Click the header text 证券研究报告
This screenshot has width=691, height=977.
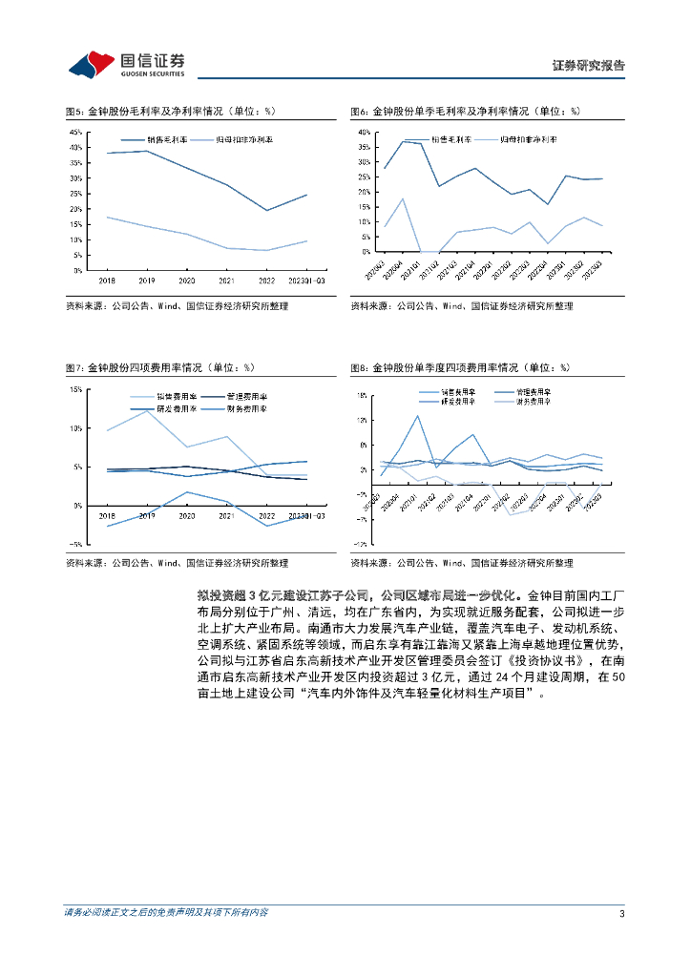click(x=589, y=66)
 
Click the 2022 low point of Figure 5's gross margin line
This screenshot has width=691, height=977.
click(x=267, y=210)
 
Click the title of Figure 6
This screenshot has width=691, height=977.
click(x=464, y=112)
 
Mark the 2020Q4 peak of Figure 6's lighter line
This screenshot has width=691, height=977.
click(x=403, y=198)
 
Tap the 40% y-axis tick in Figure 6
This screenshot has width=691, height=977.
click(x=364, y=131)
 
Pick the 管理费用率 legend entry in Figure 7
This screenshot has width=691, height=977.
click(x=245, y=396)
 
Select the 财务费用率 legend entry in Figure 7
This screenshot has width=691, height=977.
click(x=245, y=408)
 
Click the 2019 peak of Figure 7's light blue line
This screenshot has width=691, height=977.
click(x=146, y=410)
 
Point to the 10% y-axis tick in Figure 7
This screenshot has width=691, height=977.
click(x=75, y=428)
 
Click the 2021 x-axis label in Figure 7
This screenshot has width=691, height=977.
click(x=226, y=515)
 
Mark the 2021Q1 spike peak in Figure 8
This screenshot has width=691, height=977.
click(x=418, y=415)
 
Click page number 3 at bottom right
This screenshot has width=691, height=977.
click(x=622, y=914)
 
